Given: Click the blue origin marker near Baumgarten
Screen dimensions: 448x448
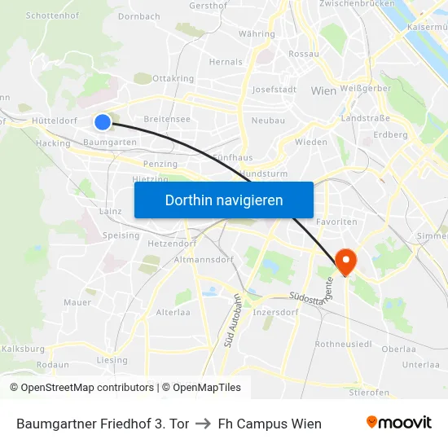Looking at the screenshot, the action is (x=102, y=122).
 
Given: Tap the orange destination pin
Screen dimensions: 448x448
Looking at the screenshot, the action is (x=346, y=260).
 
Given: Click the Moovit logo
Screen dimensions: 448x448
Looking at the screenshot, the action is (x=399, y=423).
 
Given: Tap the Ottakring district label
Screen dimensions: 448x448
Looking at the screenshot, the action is (x=173, y=79).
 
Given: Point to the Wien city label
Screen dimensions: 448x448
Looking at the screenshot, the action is (x=323, y=91).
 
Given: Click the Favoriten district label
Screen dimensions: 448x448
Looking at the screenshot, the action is (x=336, y=222).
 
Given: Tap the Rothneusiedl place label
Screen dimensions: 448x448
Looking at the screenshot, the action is (x=343, y=345).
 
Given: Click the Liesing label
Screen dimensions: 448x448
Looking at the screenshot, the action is (x=112, y=360).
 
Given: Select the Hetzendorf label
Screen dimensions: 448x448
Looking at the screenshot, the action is (x=172, y=242).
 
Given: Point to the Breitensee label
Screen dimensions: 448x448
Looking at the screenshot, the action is (x=167, y=119).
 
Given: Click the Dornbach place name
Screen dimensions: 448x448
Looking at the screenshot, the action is (x=138, y=15).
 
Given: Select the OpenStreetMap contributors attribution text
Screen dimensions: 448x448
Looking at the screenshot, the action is (x=81, y=388).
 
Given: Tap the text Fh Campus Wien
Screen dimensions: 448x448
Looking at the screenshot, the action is (x=270, y=424).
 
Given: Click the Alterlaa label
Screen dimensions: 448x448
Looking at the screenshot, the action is (x=173, y=312).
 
